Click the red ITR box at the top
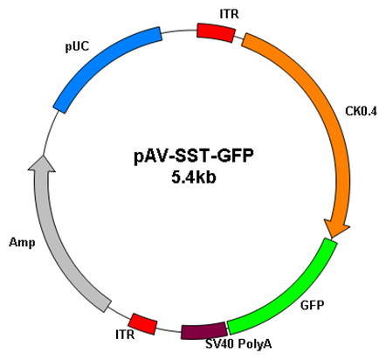pyautogui.click(x=216, y=32)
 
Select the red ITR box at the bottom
pyautogui.click(x=142, y=323)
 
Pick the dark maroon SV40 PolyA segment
pyautogui.click(x=203, y=330)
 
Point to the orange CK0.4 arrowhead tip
pyautogui.click(x=331, y=238)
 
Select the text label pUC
pyautogui.click(x=77, y=46)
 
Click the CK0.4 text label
pyautogui.click(x=361, y=111)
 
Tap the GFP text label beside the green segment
pyautogui.click(x=312, y=305)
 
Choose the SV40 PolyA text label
pyautogui.click(x=238, y=344)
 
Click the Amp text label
pyautogui.click(x=22, y=242)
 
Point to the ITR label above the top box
pyautogui.click(x=230, y=14)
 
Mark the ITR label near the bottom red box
pyautogui.click(x=125, y=335)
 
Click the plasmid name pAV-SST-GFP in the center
pyautogui.click(x=194, y=156)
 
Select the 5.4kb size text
pyautogui.click(x=194, y=177)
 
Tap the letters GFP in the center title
pyautogui.click(x=236, y=156)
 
